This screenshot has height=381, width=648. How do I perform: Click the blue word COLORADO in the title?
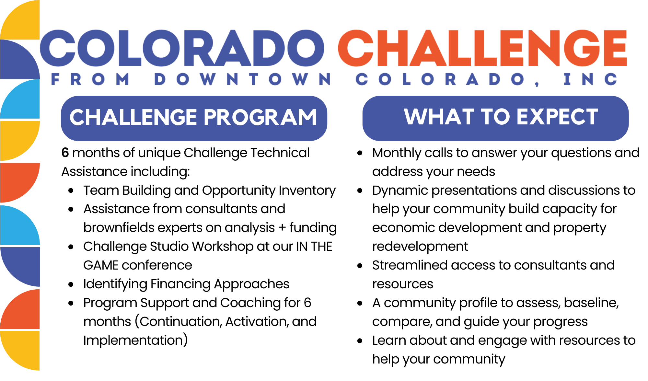pyautogui.click(x=182, y=48)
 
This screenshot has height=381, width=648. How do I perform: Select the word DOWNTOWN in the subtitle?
pyautogui.click(x=242, y=79)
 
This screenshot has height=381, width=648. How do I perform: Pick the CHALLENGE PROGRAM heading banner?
pyautogui.click(x=194, y=118)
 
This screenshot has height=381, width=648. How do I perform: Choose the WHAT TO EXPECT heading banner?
pyautogui.click(x=495, y=118)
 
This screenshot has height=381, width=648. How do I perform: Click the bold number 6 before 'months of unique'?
pyautogui.click(x=65, y=153)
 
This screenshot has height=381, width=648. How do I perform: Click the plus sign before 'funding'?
pyautogui.click(x=282, y=228)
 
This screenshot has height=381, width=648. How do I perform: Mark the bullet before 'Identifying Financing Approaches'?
pyautogui.click(x=71, y=284)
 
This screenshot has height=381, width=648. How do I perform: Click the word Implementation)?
pyautogui.click(x=135, y=340)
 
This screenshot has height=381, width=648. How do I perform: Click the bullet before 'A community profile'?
pyautogui.click(x=360, y=303)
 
